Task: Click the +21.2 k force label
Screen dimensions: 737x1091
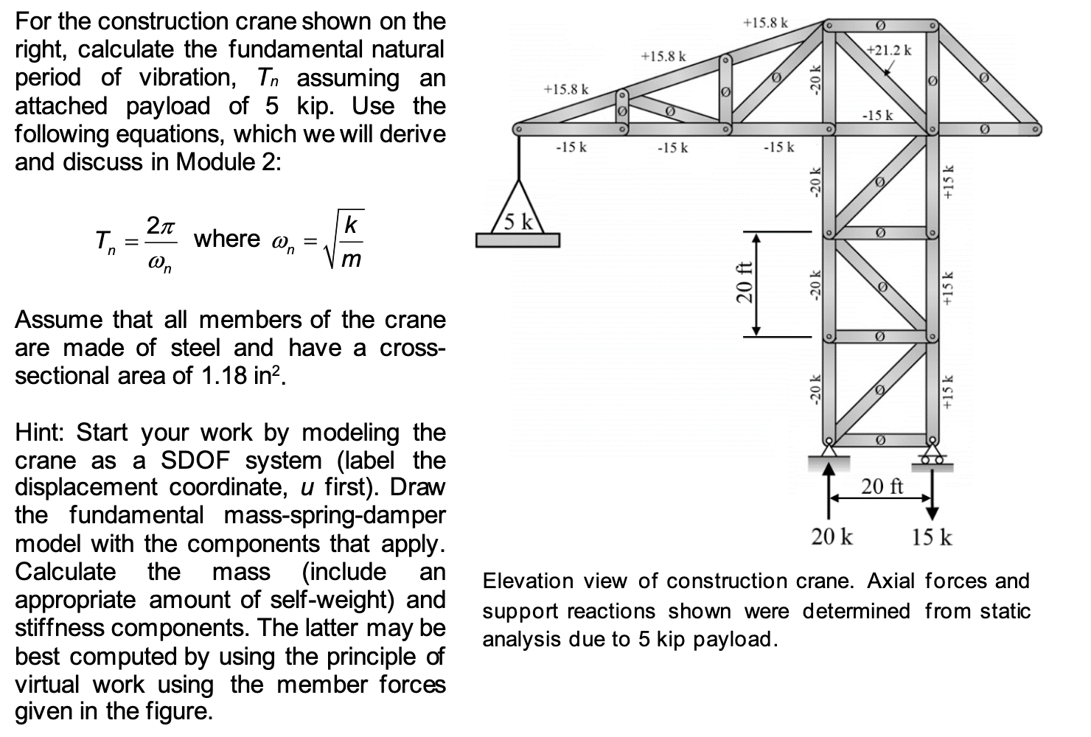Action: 890,51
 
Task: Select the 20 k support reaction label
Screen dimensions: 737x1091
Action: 832,537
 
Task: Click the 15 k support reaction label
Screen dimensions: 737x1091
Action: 931,537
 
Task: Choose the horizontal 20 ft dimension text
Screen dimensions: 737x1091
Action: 882,486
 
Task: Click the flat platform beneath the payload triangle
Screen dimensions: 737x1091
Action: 517,240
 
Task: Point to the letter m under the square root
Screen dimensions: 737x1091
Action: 352,259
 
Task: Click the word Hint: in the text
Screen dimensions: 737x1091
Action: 42,432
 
